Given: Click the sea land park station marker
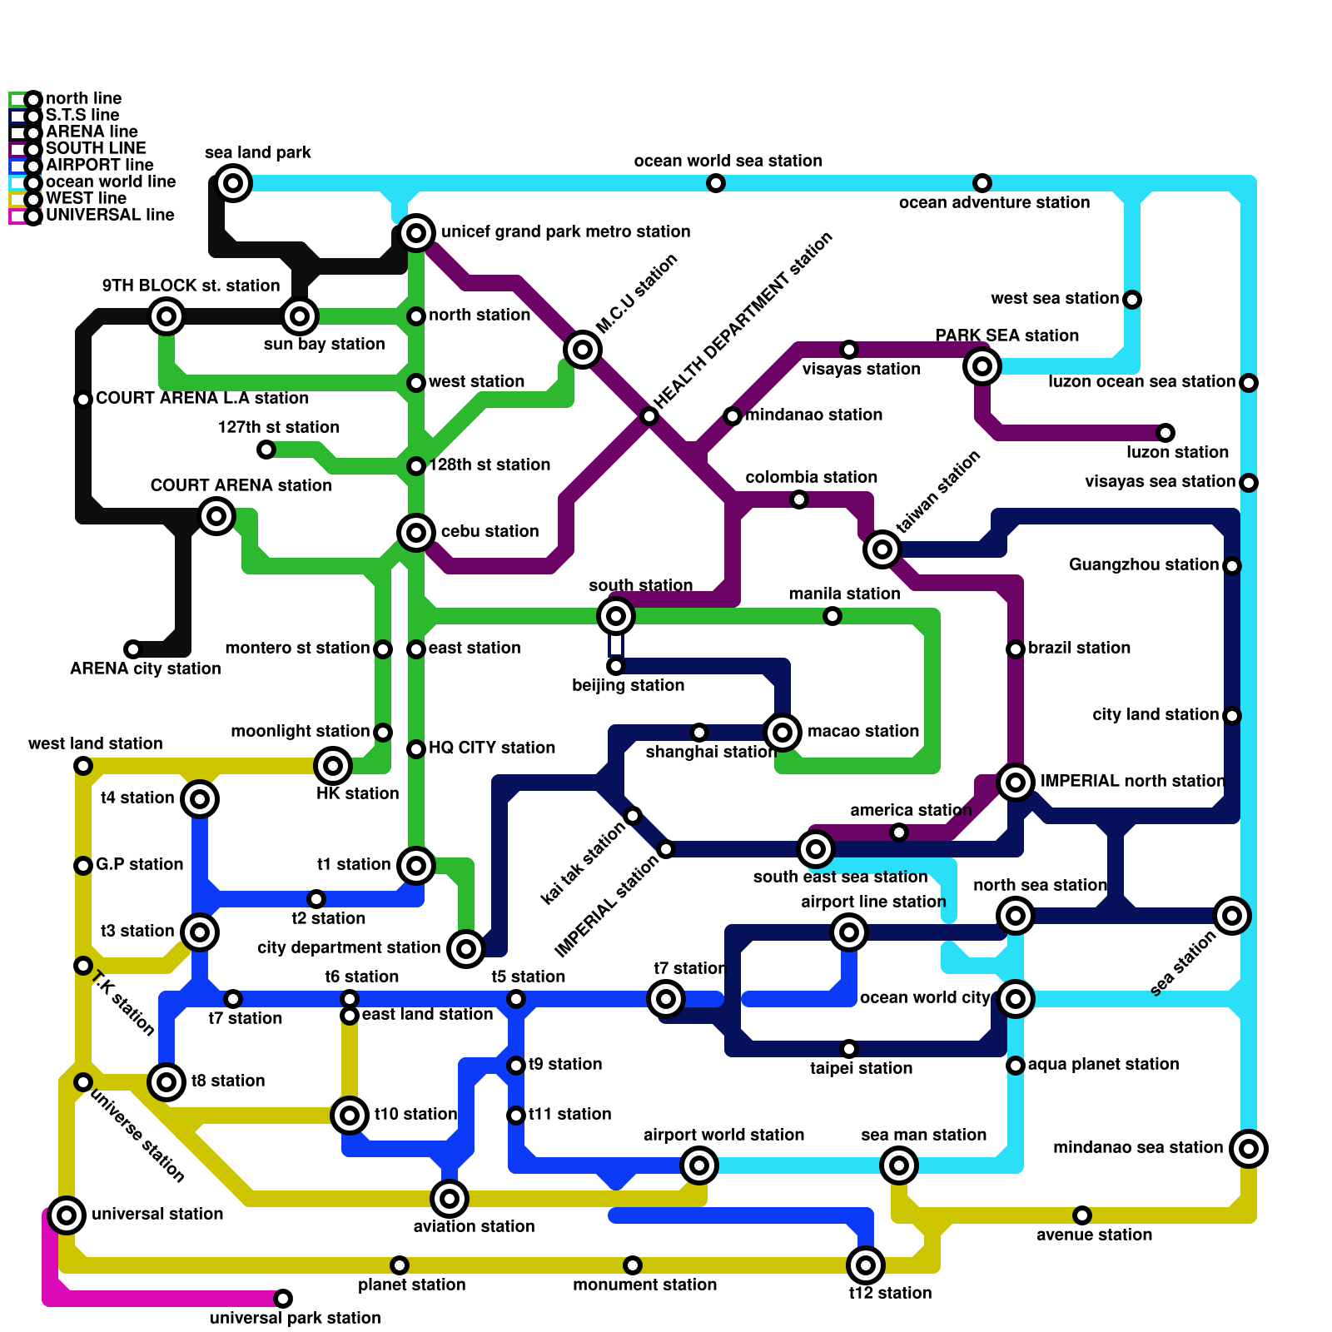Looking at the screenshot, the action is pyautogui.click(x=234, y=183).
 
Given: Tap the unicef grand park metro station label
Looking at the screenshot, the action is pyautogui.click(x=565, y=231).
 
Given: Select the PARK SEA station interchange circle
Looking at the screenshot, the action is pyautogui.click(x=982, y=366).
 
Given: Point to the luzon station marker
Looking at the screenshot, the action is pyautogui.click(x=1165, y=433).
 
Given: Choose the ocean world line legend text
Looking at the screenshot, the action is pyautogui.click(x=110, y=181).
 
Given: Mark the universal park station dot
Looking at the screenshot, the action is pyautogui.click(x=283, y=1299).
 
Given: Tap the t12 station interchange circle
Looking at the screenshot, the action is pyautogui.click(x=866, y=1265).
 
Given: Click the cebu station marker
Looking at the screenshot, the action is pyautogui.click(x=416, y=533).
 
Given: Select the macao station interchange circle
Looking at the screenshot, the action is pyautogui.click(x=783, y=733).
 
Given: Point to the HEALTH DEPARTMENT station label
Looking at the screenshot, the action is pyautogui.click(x=743, y=321).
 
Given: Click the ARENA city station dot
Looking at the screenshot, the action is pyautogui.click(x=133, y=649).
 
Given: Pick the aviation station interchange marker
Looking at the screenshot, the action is pyautogui.click(x=450, y=1199).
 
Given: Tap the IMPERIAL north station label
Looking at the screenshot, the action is pyautogui.click(x=1132, y=781).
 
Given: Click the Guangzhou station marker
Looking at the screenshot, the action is pyautogui.click(x=1232, y=566).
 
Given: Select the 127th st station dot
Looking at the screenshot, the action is pyautogui.click(x=266, y=450).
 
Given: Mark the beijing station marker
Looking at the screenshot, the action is pyautogui.click(x=616, y=666).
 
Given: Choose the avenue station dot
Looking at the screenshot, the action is pyautogui.click(x=1082, y=1215).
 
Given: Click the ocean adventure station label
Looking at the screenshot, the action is pyautogui.click(x=994, y=202).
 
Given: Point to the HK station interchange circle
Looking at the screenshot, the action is pyautogui.click(x=333, y=766).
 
